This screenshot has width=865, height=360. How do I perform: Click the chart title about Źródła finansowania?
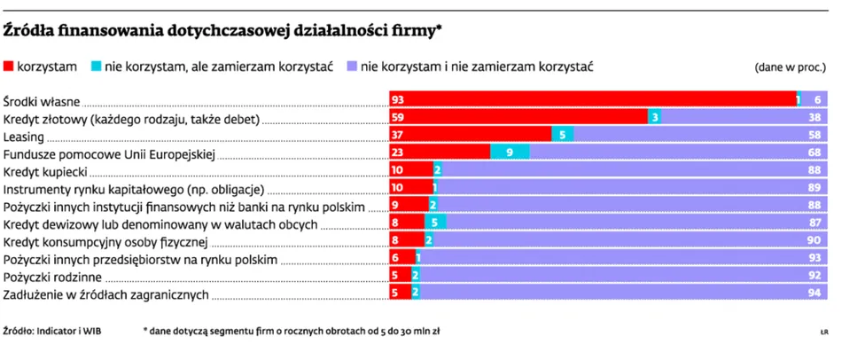click(x=223, y=32)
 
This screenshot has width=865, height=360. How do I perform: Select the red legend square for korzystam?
click(x=9, y=67)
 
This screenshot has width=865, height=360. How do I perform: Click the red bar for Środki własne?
click(x=592, y=99)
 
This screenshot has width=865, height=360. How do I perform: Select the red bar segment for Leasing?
click(x=471, y=135)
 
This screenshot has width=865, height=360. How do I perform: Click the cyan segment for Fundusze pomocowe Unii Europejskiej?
click(x=510, y=153)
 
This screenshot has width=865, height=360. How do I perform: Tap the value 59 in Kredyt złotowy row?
click(x=398, y=117)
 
